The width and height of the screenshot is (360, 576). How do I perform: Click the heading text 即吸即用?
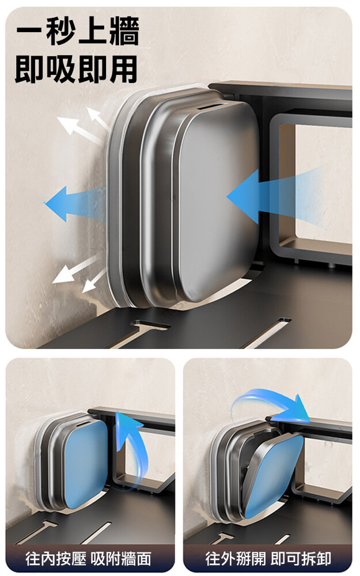tap(77, 69)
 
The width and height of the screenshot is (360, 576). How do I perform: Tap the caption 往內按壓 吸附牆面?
tap(88, 559)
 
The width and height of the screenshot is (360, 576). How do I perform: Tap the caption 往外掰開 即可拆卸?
tap(268, 559)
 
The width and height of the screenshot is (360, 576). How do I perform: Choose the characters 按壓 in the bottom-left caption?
tap(71, 559)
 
